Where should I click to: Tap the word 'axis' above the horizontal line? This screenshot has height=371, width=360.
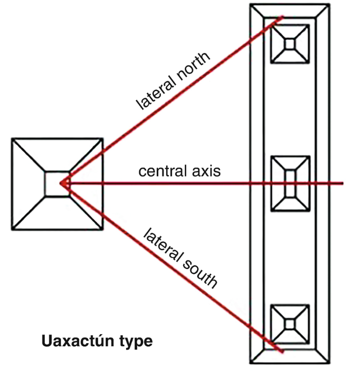206,171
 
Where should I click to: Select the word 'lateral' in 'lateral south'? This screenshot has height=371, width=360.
163,245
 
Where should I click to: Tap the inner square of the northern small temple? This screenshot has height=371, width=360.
290,44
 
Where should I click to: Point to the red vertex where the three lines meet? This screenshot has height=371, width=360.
60,183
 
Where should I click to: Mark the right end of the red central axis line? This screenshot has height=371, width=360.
343,183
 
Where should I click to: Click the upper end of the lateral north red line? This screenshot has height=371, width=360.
283,17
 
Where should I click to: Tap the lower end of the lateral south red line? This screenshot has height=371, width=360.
283,352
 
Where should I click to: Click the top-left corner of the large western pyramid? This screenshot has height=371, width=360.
12,139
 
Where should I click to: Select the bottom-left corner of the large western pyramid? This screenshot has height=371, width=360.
12,230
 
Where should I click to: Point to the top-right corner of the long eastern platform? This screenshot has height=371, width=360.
329,5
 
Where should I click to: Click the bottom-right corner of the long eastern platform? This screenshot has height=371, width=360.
329,363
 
